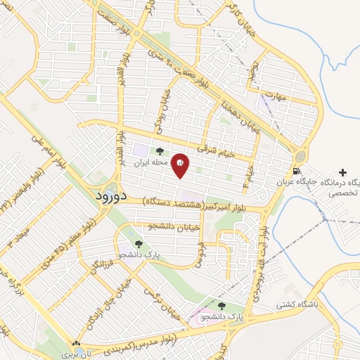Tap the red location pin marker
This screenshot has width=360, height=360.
tap(181, 165)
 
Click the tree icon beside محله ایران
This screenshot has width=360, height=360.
tap(160, 150)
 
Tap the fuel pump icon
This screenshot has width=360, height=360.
tap(298, 172)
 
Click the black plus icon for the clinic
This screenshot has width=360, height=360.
tap(343, 172)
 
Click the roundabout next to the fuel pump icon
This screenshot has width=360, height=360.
tap(302, 155)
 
